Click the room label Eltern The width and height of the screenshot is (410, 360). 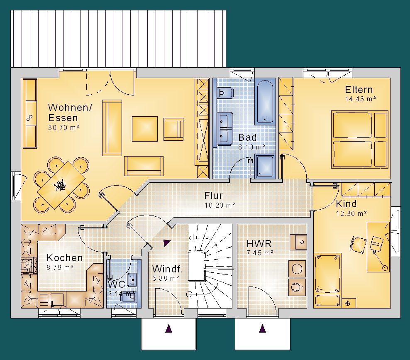pos(359,90)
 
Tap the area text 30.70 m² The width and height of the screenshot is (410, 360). pos(63,127)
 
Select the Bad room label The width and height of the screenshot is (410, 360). pos(247,137)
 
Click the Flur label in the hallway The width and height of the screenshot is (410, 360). pos(213,196)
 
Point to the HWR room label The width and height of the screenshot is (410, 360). pos(259,244)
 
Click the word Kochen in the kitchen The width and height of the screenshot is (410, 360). pos(65,258)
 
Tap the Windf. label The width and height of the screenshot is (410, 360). pos(167,269)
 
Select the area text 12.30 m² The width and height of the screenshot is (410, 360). pos(351,213)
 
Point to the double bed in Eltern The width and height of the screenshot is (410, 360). pos(359,139)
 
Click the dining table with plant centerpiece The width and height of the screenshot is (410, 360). pos(61,185)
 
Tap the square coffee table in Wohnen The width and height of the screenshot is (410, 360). pos(145,129)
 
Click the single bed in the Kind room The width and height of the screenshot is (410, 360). pos(328,280)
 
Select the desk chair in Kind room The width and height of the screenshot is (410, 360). pos(358,245)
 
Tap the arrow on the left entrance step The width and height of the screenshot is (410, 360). pos(168,328)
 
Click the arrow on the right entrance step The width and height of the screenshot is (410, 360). pos(262,328)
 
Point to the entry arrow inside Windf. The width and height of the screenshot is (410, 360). pos(166,243)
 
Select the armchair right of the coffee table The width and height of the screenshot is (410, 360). pos(173,129)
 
